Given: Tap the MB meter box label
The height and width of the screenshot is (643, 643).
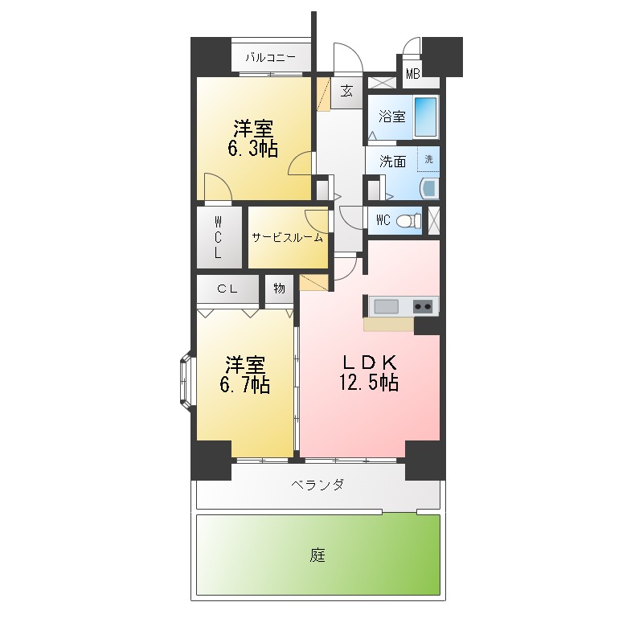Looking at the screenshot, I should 412,75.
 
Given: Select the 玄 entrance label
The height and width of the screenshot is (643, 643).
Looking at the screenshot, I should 346,91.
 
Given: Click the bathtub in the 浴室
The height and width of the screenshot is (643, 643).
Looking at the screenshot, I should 426,116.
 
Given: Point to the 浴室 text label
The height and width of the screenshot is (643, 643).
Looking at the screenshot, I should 391,117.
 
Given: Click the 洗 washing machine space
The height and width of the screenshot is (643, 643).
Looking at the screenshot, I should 428,159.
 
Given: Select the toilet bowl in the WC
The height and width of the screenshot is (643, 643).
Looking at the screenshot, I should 409,220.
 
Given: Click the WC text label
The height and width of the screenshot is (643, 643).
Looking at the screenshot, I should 383,220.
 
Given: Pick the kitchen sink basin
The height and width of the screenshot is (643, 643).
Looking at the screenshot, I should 385,305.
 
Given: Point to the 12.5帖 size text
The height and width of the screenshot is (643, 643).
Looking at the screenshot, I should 369,383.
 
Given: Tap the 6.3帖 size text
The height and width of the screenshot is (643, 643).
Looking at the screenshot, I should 252,149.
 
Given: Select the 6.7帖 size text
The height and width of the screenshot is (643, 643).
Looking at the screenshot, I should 244,385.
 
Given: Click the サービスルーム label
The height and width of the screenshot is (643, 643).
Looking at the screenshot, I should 287,238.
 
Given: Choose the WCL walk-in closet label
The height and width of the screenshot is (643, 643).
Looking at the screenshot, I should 219,237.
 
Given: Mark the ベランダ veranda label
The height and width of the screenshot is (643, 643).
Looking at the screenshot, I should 317,485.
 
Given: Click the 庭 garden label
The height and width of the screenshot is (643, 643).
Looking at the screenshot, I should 317,555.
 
